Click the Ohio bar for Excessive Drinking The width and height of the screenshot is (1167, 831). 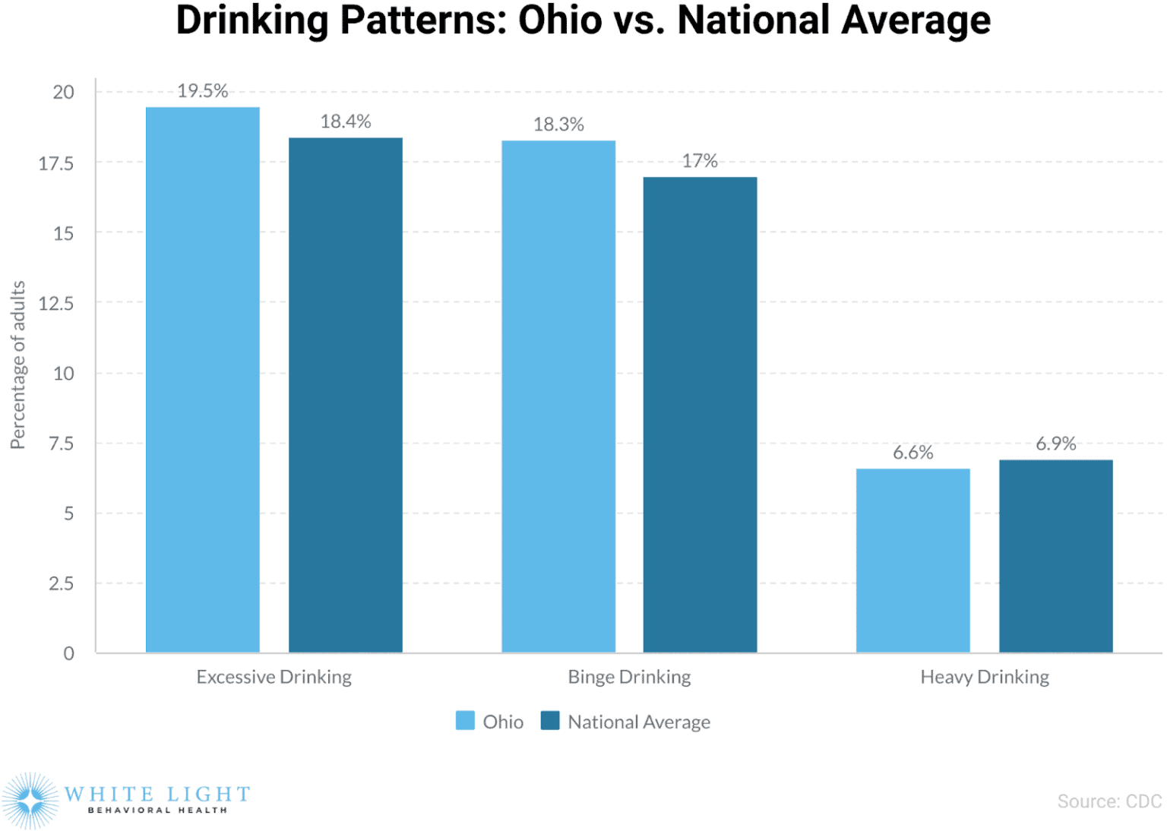[202, 380]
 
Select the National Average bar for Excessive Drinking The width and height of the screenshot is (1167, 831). [345, 395]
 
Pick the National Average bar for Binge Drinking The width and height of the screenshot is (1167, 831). [700, 415]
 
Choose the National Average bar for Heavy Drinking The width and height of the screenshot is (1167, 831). [1055, 556]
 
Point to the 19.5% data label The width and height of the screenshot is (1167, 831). [202, 91]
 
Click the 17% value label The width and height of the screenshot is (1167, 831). [699, 161]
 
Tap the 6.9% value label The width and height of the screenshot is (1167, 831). [1055, 444]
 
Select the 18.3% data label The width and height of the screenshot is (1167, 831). [558, 125]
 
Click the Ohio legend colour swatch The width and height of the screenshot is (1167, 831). [465, 721]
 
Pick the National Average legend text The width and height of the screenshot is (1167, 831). [639, 722]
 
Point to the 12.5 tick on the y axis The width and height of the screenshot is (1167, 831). [56, 304]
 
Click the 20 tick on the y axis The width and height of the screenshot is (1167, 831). [63, 93]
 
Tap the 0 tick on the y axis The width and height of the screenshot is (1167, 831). [68, 653]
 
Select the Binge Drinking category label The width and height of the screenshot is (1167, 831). [629, 677]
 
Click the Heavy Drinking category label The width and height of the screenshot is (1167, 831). [984, 677]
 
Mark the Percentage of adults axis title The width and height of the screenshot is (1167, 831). [17, 365]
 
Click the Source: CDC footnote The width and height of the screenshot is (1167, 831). [1109, 801]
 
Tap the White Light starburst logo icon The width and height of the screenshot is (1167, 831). [30, 801]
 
